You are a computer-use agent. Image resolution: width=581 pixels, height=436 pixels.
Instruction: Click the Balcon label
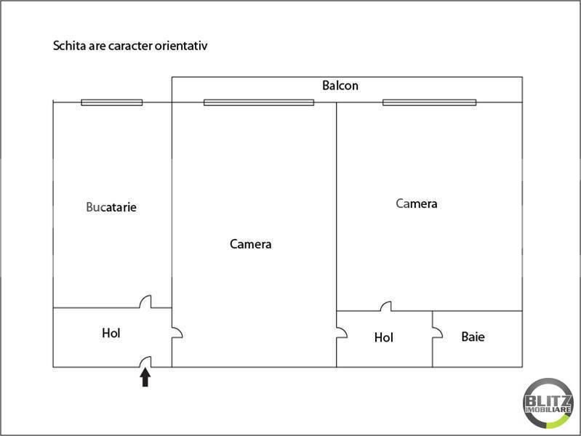(x=340, y=86)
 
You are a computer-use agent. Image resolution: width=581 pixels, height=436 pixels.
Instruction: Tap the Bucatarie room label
(x=111, y=207)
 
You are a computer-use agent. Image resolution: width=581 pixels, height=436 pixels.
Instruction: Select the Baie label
(x=473, y=336)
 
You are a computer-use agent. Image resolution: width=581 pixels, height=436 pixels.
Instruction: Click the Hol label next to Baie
(x=383, y=337)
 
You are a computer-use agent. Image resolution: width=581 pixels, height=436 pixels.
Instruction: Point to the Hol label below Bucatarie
(x=111, y=333)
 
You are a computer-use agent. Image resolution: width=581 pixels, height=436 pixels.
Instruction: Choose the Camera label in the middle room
(x=250, y=243)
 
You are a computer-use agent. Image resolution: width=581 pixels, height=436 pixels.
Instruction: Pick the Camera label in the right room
(x=417, y=203)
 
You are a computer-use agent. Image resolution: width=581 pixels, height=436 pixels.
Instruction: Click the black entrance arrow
(x=145, y=377)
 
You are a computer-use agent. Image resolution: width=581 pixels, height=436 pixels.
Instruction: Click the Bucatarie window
(x=112, y=102)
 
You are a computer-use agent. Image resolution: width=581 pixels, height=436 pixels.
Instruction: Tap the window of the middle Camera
(x=259, y=102)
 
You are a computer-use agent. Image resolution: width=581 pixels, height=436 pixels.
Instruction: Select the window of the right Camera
(x=430, y=102)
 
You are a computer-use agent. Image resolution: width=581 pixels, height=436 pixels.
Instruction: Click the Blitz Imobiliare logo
(x=548, y=403)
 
